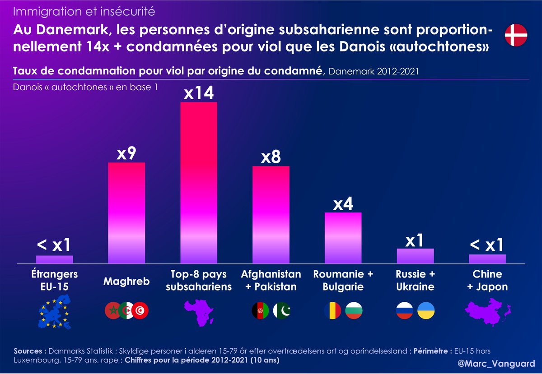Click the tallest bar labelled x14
(x=199, y=183)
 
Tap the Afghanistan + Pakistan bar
(x=271, y=215)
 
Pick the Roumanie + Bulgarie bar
(x=343, y=238)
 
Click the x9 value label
(x=126, y=154)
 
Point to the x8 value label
(x=271, y=157)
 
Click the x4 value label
(x=343, y=204)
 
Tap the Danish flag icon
(x=516, y=35)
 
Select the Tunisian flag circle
(x=140, y=311)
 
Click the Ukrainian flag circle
(x=426, y=311)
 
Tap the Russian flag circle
(x=404, y=311)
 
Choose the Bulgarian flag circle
(x=354, y=311)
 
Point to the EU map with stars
(x=55, y=311)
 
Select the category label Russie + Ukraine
(x=415, y=280)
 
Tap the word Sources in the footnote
(x=29, y=351)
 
